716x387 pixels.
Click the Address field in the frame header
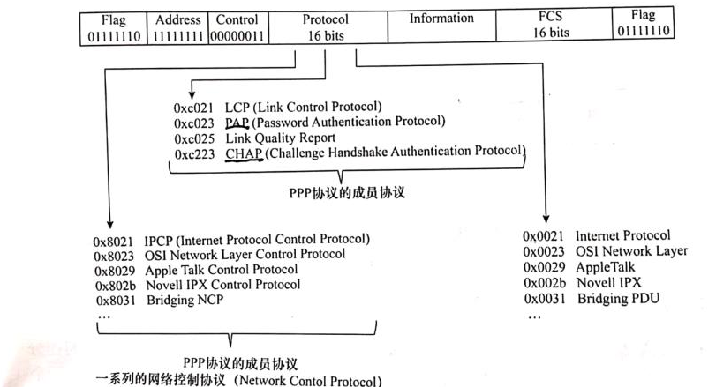[178, 26]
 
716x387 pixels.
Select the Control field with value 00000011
[237, 26]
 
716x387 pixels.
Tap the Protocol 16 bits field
[325, 26]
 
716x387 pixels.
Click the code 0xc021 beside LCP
[194, 108]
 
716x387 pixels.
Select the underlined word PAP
[237, 123]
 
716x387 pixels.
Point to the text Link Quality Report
[280, 138]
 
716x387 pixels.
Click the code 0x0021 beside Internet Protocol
[542, 236]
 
